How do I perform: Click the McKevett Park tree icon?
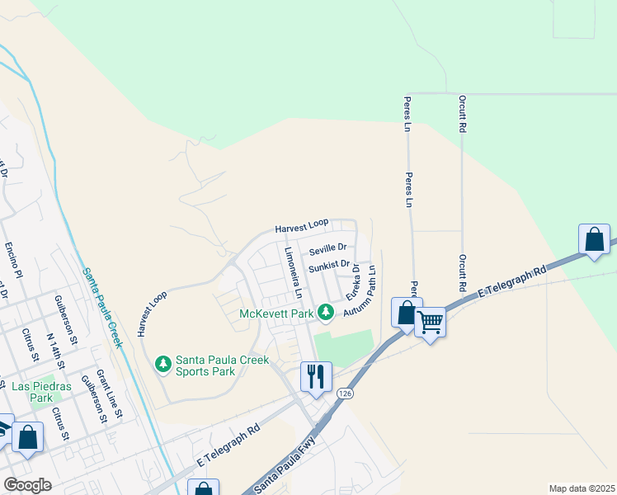click(327, 312)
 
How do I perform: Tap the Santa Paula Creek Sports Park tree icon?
click(163, 362)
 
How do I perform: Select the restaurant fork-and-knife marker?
click(316, 377)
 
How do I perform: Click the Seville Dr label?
click(327, 247)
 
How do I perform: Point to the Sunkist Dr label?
click(329, 268)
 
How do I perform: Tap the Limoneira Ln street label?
click(293, 273)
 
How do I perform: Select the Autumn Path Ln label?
click(360, 293)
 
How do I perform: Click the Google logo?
click(26, 485)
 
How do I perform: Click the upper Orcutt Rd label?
click(462, 114)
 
